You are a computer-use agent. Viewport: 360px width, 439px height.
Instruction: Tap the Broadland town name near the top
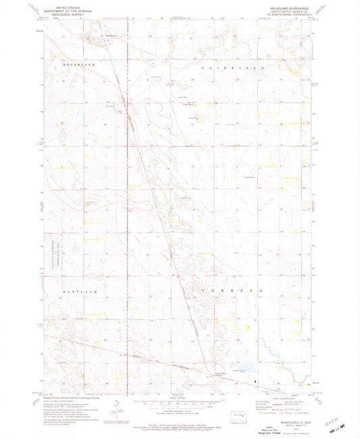click(111, 36)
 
